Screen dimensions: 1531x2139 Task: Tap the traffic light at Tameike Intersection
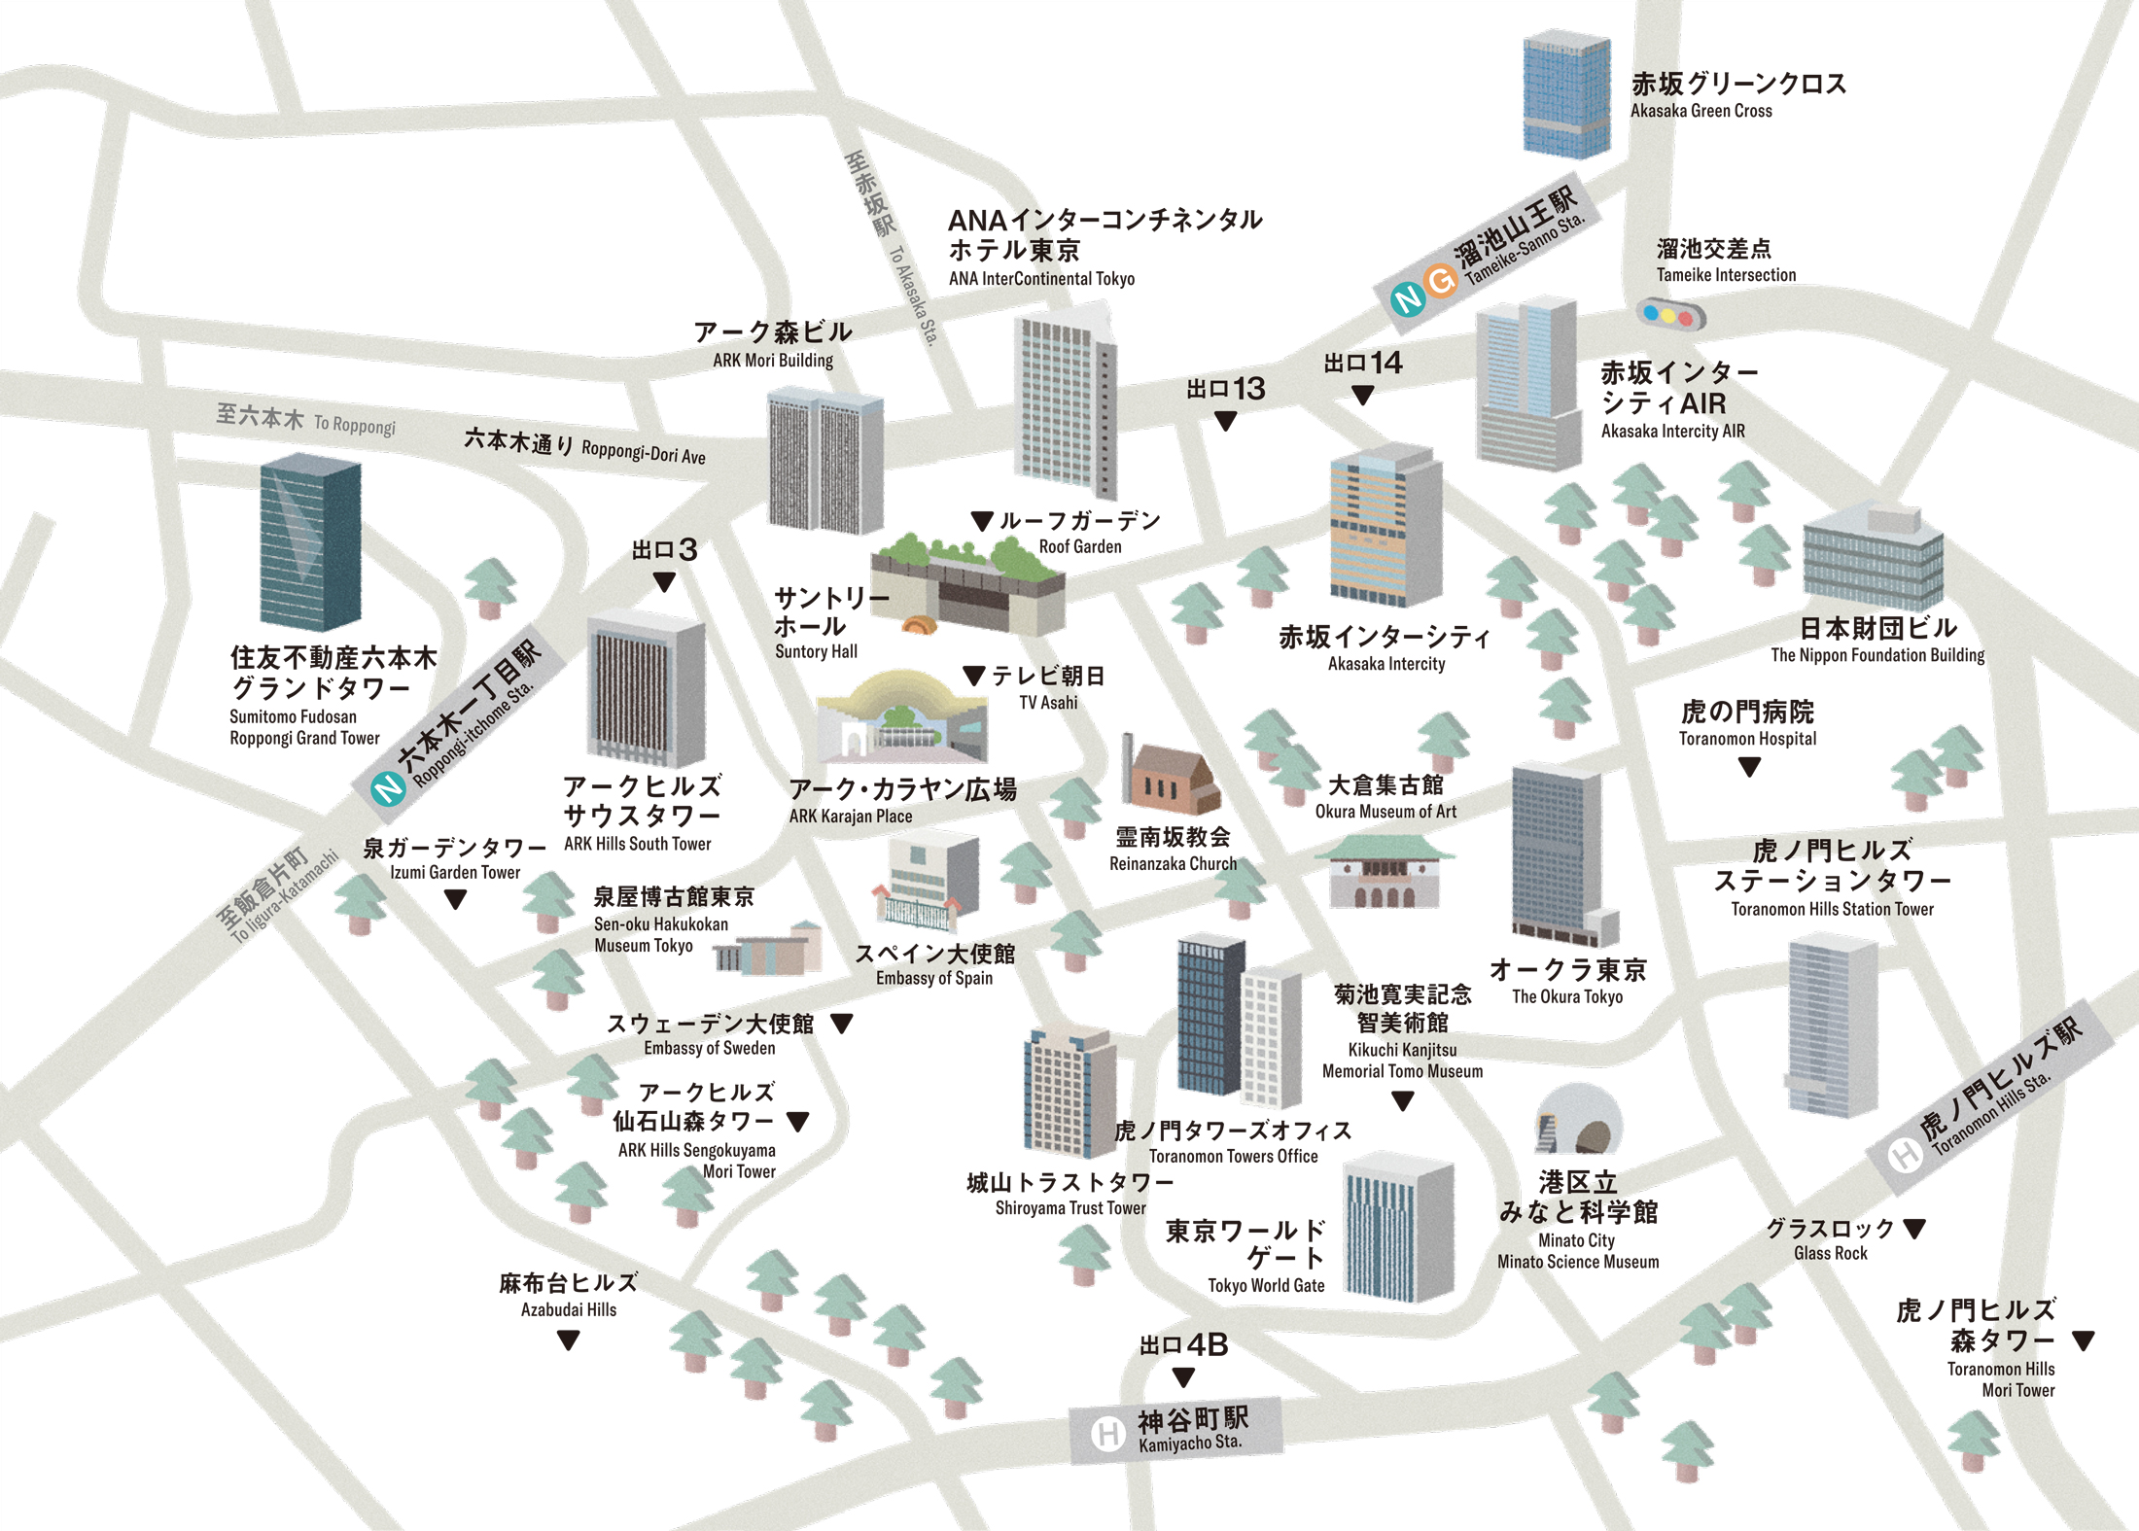(1670, 315)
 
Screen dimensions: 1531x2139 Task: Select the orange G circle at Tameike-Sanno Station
(1440, 281)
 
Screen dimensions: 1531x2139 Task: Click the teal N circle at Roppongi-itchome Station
(389, 787)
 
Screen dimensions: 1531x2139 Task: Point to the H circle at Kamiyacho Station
(1107, 1434)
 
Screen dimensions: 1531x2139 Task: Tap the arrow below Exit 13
(1226, 421)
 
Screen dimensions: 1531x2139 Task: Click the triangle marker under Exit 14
(1363, 395)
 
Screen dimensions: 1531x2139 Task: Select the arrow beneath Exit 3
(664, 582)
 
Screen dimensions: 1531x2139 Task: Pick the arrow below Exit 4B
(1183, 1377)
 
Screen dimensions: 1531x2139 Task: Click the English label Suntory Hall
(816, 652)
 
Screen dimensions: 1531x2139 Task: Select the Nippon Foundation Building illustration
(1873, 559)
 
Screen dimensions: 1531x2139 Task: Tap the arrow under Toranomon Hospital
(1749, 767)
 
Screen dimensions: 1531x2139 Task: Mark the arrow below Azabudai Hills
(569, 1340)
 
